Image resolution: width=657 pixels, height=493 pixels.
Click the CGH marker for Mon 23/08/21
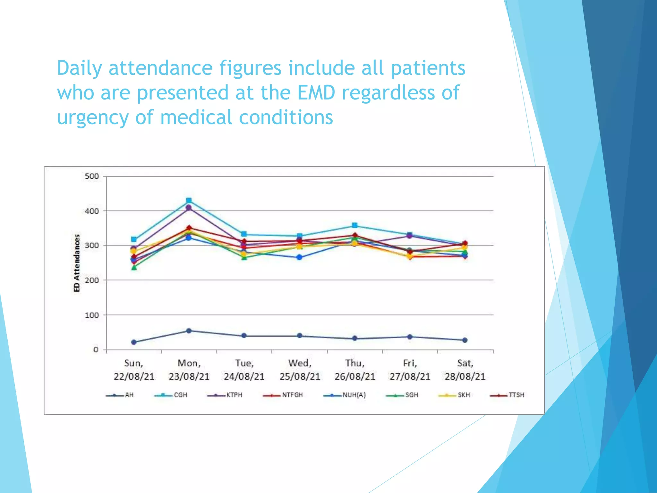(x=189, y=201)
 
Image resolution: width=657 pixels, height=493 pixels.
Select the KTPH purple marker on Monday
(x=189, y=208)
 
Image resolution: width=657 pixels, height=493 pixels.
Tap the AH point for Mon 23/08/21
(x=189, y=331)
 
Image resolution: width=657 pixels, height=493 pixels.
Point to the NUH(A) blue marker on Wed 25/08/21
(x=299, y=257)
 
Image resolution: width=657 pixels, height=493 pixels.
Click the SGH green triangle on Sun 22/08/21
(x=134, y=267)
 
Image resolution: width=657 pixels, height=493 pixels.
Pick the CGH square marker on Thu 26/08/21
(x=354, y=225)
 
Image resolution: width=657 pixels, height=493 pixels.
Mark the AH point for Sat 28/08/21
(x=465, y=340)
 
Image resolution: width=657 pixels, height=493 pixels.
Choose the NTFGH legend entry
(x=283, y=395)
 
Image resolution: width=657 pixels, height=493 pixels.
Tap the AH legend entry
(x=120, y=395)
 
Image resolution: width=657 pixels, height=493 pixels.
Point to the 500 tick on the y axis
(x=92, y=176)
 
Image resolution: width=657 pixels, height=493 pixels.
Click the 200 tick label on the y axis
(x=92, y=280)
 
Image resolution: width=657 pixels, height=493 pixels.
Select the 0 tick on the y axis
(x=96, y=350)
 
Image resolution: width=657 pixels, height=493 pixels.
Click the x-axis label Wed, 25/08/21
(x=300, y=369)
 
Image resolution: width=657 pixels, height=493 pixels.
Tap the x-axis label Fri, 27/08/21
(x=410, y=369)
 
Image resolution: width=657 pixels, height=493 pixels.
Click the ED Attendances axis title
(x=77, y=263)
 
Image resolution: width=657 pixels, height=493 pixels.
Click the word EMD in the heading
(x=316, y=92)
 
